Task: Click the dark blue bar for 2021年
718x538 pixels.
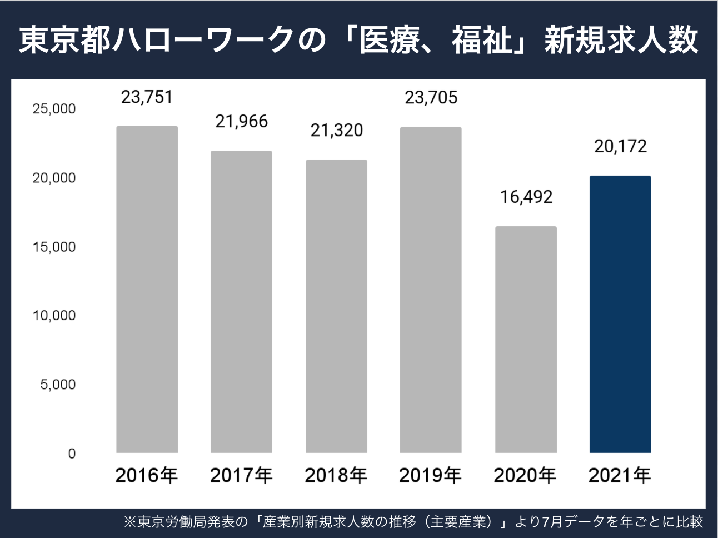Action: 620,314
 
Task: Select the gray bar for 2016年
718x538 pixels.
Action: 147,289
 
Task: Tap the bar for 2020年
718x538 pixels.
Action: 525,339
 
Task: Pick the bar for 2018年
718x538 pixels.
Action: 336,306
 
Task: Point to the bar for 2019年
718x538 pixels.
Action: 431,289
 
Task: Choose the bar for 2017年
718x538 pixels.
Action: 241,301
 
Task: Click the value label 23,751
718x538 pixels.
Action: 147,97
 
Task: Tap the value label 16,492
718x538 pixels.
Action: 526,197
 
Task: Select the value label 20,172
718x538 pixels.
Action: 620,146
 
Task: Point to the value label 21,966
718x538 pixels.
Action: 241,121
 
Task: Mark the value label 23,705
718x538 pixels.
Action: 431,98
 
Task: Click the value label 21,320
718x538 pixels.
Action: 336,130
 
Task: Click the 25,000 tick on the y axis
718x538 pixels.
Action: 54,109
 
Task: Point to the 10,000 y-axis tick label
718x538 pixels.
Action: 54,316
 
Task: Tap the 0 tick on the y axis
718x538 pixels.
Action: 72,454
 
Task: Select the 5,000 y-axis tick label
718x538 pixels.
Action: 58,385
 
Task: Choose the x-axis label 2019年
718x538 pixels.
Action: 430,475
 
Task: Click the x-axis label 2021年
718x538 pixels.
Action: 620,475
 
